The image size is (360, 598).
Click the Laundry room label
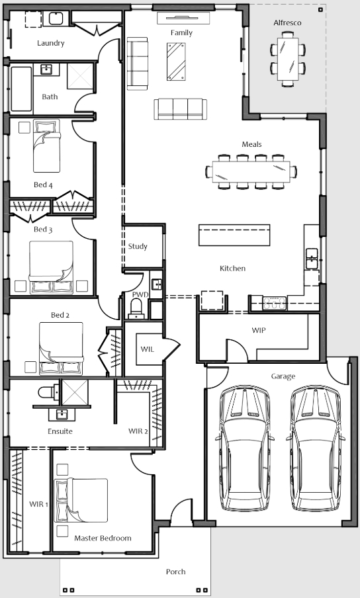(51, 43)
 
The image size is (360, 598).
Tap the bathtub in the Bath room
(21, 89)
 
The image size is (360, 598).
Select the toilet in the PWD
(136, 308)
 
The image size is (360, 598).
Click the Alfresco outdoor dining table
(288, 59)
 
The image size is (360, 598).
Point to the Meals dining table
(251, 171)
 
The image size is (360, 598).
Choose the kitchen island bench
(234, 235)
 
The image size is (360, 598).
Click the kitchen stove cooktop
(274, 303)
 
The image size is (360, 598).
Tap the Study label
(138, 246)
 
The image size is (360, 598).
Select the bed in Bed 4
(46, 146)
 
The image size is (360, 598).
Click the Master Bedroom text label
(103, 538)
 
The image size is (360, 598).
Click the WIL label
(147, 349)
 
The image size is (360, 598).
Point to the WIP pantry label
(259, 330)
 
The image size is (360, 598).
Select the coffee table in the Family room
(176, 62)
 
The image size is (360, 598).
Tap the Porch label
(176, 572)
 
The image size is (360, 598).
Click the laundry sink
(56, 19)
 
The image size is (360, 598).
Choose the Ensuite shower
(75, 392)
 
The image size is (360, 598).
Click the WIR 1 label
(39, 504)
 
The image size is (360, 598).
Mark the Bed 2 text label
(60, 315)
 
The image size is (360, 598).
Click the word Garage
(283, 376)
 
